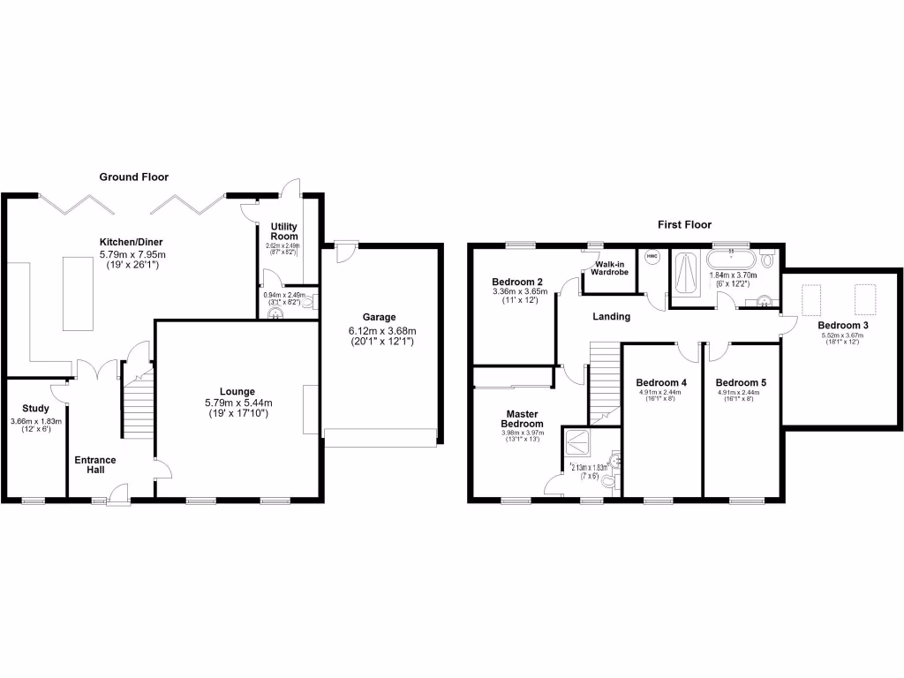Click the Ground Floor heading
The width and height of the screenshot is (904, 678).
(x=133, y=177)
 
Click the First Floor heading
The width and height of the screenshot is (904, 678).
(x=684, y=225)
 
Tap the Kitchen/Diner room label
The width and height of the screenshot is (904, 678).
(x=131, y=243)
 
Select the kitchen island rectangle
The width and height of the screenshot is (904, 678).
(x=78, y=293)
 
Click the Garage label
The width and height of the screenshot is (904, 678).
(x=379, y=317)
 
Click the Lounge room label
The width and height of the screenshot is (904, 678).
(x=237, y=391)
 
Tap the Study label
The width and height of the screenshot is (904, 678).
(x=35, y=409)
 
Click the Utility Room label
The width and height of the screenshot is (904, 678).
(x=283, y=232)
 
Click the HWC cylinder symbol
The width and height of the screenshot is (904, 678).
(x=652, y=257)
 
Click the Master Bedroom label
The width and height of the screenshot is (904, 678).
(x=522, y=418)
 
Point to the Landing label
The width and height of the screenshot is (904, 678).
(x=611, y=316)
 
